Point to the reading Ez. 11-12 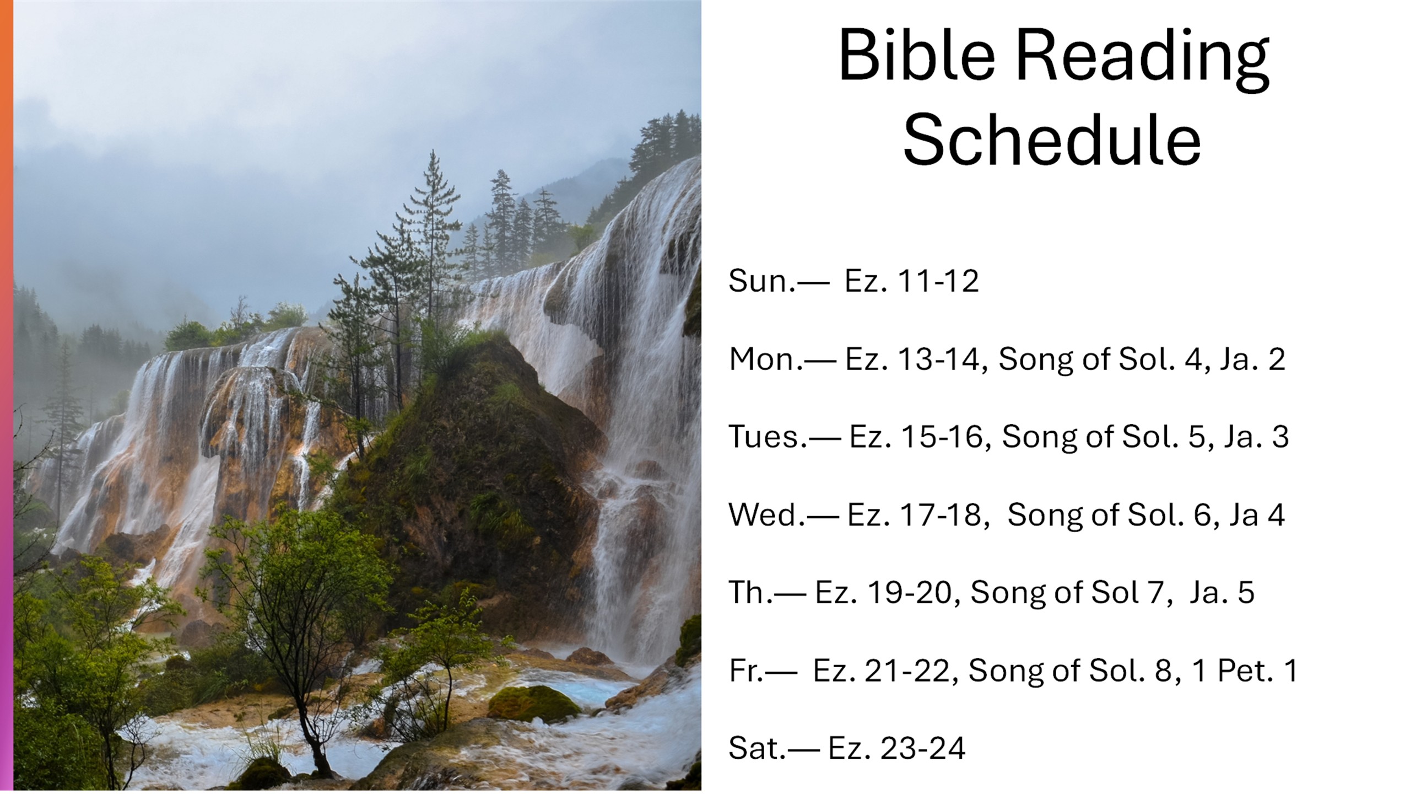coord(911,281)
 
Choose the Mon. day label coord(766,359)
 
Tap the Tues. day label coord(768,437)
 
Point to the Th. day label coord(751,593)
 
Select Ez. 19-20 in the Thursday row coord(883,593)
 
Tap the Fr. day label coord(746,671)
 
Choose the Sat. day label coord(757,749)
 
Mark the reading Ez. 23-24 coord(896,749)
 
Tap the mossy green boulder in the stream coord(533,704)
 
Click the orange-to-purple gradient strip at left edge coord(7,397)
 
